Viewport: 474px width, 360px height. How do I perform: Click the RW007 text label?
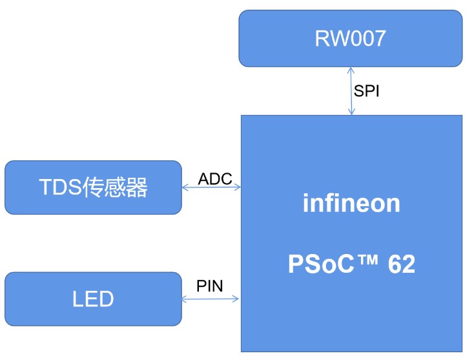click(x=351, y=39)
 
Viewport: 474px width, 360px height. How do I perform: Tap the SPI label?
click(x=366, y=91)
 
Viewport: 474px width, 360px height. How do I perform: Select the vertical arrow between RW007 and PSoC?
click(x=351, y=90)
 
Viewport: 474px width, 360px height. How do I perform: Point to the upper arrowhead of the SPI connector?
click(x=351, y=70)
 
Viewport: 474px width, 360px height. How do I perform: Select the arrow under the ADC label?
click(x=211, y=187)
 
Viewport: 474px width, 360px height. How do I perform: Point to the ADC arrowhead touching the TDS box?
click(x=185, y=187)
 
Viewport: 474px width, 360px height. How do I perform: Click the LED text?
click(x=93, y=299)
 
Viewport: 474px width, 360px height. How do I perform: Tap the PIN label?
click(x=210, y=286)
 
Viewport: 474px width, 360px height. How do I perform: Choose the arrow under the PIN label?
click(x=211, y=299)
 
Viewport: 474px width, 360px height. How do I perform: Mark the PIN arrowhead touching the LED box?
click(x=185, y=299)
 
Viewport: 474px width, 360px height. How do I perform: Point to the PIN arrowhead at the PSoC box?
click(x=236, y=299)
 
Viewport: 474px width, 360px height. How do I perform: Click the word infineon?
click(x=351, y=204)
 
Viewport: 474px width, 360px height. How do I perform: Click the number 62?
click(x=402, y=265)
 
